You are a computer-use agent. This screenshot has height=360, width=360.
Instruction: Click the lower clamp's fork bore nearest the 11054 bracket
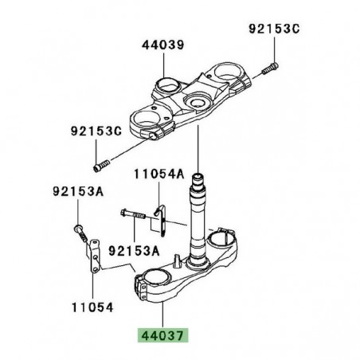point(153,280)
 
